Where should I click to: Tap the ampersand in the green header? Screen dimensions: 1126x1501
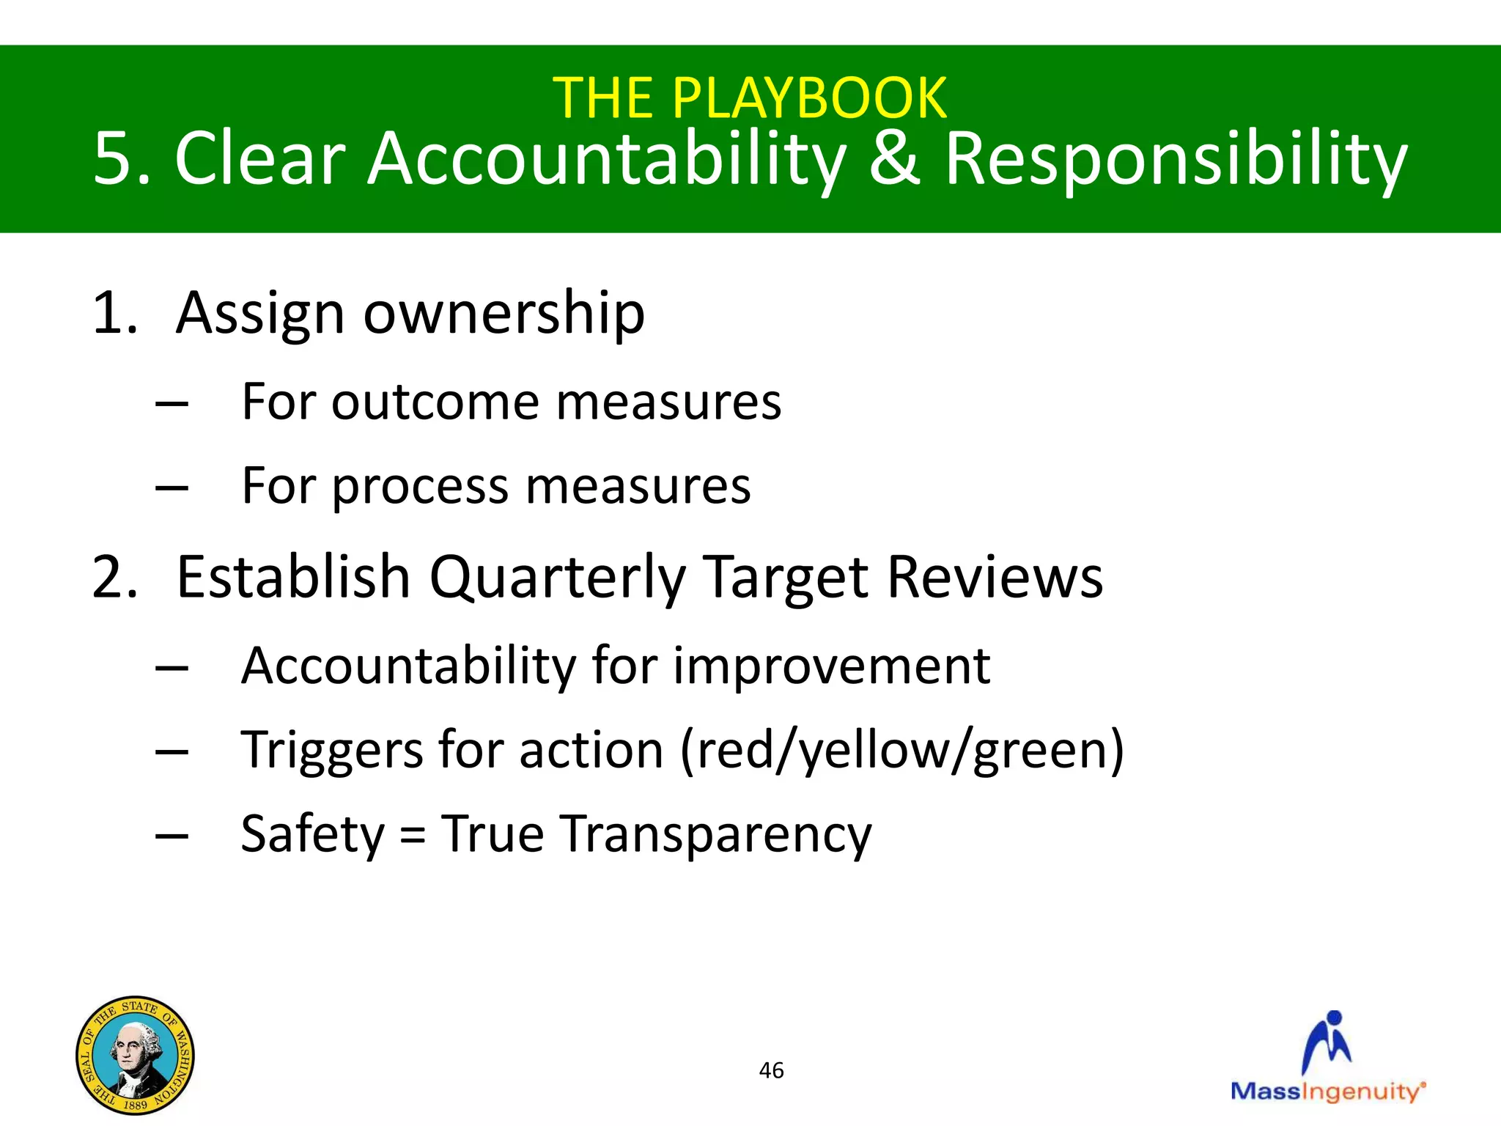tap(893, 158)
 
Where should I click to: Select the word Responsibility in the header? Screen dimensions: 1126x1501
tap(1176, 160)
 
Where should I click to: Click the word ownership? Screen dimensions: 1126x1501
tap(504, 313)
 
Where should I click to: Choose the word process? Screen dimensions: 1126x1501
tap(420, 486)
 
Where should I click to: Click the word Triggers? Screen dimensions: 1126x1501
tap(332, 751)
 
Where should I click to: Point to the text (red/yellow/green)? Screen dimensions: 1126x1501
tap(901, 751)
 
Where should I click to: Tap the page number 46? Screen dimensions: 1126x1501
tap(771, 1070)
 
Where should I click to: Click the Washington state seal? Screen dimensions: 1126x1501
tap(135, 1056)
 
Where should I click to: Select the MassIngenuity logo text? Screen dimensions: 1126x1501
tap(1327, 1091)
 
